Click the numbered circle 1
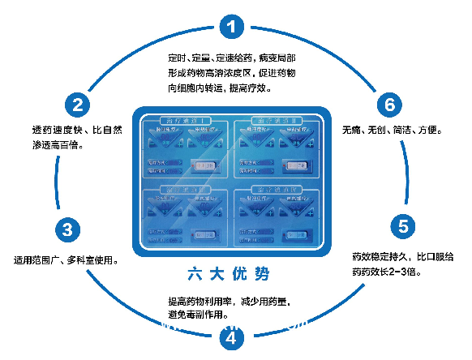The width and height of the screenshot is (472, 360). pyautogui.click(x=233, y=27)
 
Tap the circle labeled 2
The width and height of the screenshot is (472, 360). pyautogui.click(x=76, y=104)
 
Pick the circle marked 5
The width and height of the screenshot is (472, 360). pyautogui.click(x=401, y=225)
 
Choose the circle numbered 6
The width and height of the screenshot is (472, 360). pyautogui.click(x=389, y=104)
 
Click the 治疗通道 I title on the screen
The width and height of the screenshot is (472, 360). pyautogui.click(x=187, y=121)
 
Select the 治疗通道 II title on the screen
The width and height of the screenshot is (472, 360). pyautogui.click(x=281, y=121)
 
